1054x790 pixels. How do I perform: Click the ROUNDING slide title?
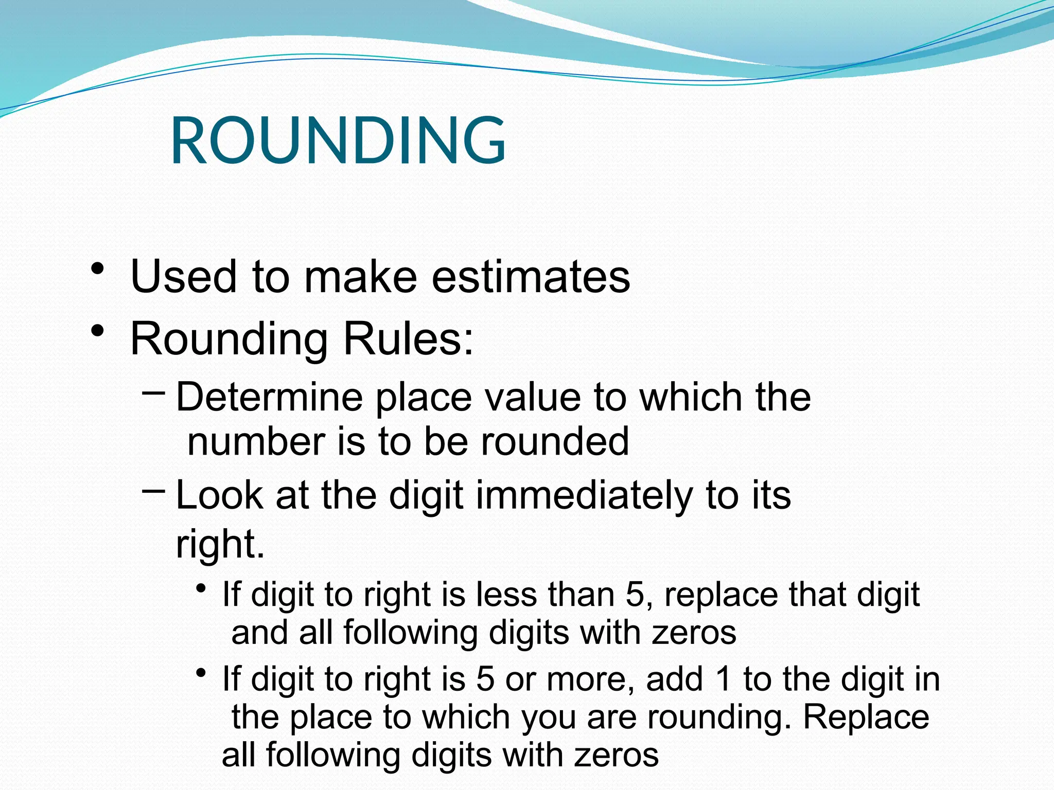coord(338,140)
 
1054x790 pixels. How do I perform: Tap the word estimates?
coord(531,277)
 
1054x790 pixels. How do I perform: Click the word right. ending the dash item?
coord(220,544)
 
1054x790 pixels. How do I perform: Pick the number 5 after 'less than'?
coord(635,595)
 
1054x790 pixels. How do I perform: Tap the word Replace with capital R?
coord(866,717)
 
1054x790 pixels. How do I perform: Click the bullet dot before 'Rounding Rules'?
coord(97,332)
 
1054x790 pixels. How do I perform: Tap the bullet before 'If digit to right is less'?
coord(201,588)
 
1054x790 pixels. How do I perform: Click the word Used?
coord(184,277)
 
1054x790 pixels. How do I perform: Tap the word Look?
coord(220,496)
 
